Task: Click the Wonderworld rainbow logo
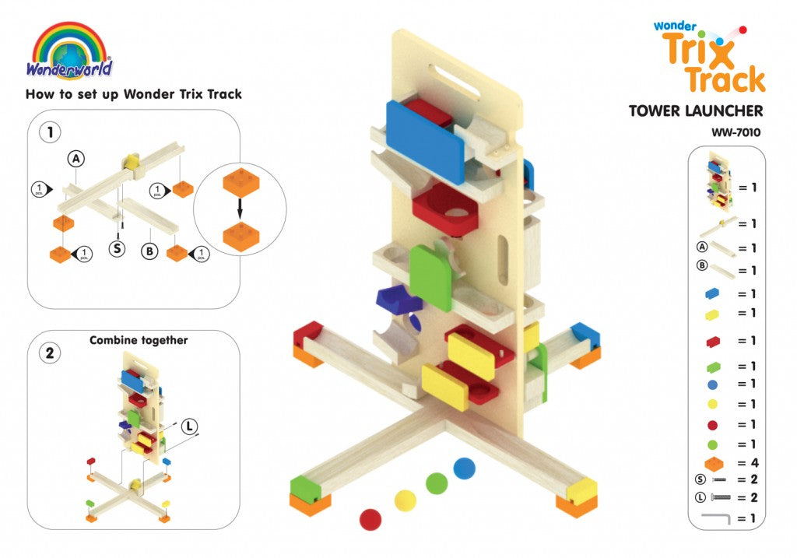(69, 51)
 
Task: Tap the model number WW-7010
(736, 132)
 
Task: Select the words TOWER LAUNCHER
(696, 111)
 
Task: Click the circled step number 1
(50, 132)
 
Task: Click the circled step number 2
(50, 353)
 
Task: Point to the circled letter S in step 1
(118, 248)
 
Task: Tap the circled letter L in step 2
(190, 426)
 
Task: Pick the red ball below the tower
(370, 520)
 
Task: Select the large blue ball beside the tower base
(464, 468)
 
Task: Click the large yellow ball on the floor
(405, 501)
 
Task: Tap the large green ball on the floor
(437, 483)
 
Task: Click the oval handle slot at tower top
(454, 80)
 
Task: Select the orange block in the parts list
(714, 464)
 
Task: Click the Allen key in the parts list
(716, 518)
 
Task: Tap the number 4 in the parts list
(755, 463)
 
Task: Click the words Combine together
(139, 341)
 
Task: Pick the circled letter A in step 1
(75, 159)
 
